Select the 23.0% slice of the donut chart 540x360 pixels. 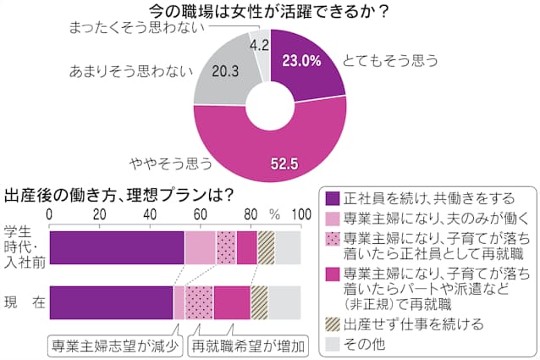click(x=305, y=64)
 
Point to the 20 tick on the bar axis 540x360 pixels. click(x=101, y=213)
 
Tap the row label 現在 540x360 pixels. click(x=23, y=302)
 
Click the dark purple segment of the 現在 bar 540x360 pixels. click(x=112, y=302)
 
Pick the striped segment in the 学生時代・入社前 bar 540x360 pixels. click(x=266, y=246)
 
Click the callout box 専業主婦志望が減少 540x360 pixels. click(x=113, y=345)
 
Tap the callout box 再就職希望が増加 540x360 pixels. click(x=247, y=345)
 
